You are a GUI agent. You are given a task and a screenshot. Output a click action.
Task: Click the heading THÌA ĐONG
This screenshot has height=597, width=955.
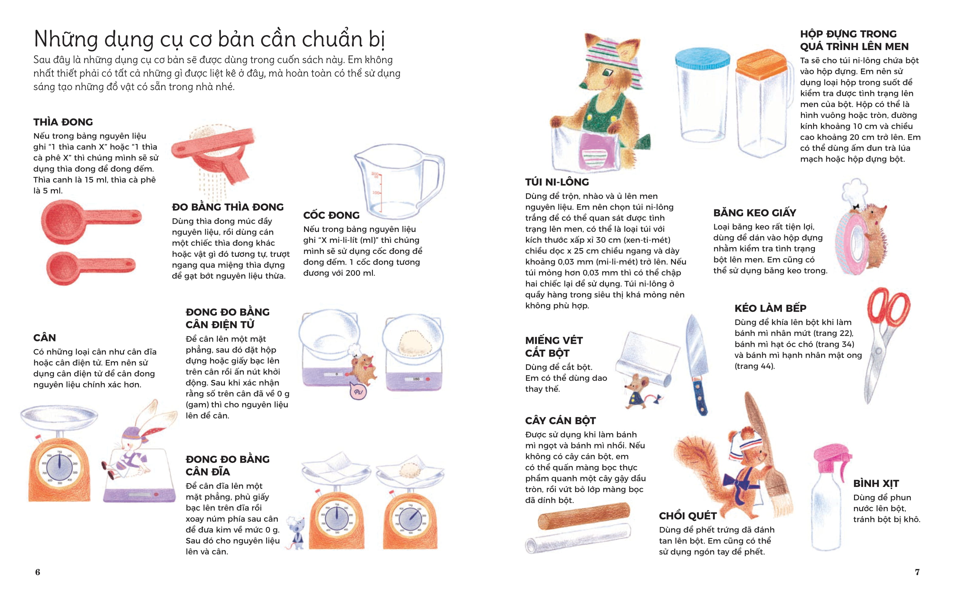(x=63, y=122)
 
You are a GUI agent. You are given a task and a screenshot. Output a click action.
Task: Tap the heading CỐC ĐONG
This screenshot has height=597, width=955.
(x=331, y=215)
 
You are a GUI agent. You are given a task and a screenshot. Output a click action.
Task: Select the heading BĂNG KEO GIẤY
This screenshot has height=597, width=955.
(x=754, y=213)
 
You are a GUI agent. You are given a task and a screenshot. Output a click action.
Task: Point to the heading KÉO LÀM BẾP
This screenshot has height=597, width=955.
(x=770, y=308)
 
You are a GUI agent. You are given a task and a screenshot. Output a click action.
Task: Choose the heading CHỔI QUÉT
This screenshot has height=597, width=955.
(x=687, y=516)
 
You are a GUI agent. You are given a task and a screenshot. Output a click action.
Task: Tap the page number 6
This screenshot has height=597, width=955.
(x=38, y=572)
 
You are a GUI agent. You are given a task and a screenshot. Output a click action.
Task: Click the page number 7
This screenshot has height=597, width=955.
(x=917, y=572)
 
